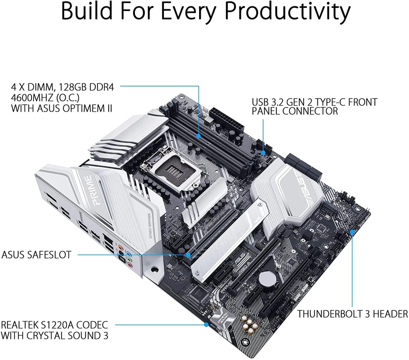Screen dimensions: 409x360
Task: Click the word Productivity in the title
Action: (287, 12)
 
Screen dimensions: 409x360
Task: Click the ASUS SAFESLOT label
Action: (36, 255)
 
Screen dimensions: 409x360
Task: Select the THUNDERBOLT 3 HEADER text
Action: (352, 314)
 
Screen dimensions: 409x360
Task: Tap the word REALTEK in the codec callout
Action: (19, 325)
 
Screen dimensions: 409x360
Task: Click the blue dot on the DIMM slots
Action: (198, 136)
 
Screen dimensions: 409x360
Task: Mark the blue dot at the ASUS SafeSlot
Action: (188, 255)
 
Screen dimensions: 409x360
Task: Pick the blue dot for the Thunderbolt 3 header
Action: (352, 232)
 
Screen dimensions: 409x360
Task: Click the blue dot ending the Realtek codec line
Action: (206, 325)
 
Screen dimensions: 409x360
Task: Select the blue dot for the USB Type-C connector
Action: (263, 153)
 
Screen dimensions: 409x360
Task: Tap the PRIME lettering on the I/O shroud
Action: (91, 190)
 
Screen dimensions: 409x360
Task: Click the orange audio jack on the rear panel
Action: (120, 247)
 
